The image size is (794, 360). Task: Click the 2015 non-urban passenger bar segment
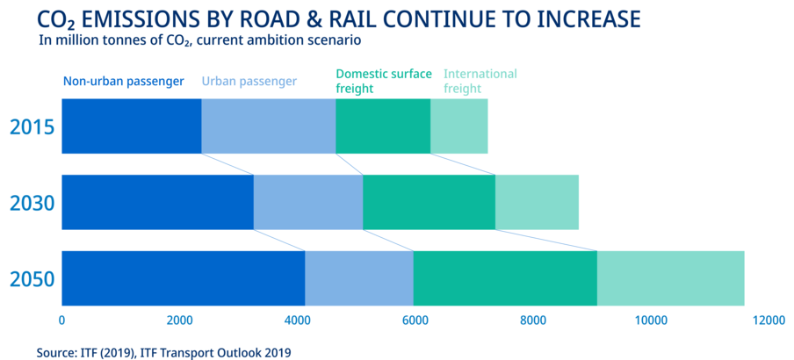(x=132, y=126)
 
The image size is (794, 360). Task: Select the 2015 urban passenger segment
(x=269, y=126)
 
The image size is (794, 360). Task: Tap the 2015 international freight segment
(x=458, y=126)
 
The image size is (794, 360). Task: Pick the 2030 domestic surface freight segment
(x=429, y=202)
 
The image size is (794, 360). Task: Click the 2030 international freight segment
(x=537, y=202)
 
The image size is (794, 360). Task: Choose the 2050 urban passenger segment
(x=359, y=278)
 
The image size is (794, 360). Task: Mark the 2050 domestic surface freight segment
(x=505, y=278)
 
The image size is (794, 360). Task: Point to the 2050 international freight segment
(x=670, y=278)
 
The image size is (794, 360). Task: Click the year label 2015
(x=32, y=127)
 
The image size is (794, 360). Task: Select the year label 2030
(x=32, y=203)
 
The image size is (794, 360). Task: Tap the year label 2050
(x=32, y=279)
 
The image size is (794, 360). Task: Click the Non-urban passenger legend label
(x=123, y=82)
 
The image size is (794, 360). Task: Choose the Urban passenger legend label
(x=249, y=82)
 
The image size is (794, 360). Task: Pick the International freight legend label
(x=480, y=81)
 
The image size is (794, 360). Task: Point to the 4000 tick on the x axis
(x=297, y=320)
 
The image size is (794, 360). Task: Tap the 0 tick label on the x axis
(x=61, y=320)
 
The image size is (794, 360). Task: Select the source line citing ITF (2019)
(x=164, y=352)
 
